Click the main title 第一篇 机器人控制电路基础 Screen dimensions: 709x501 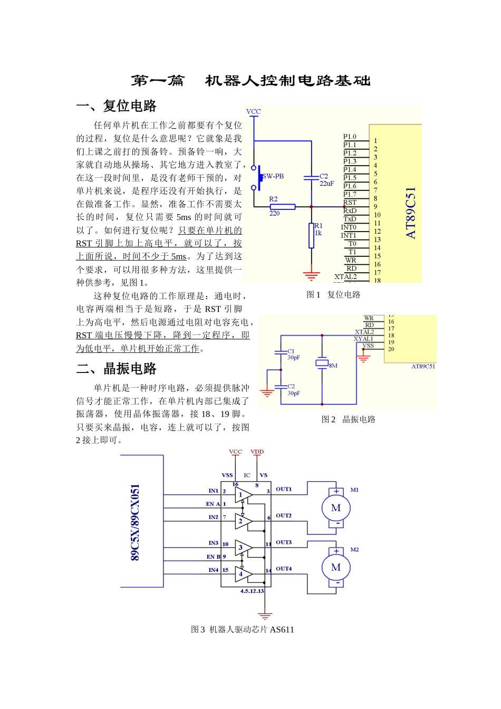[250, 81]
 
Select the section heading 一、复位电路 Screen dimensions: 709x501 [117, 106]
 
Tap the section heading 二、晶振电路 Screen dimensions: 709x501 [117, 368]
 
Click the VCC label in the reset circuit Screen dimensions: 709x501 [254, 111]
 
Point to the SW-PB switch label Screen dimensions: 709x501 [273, 176]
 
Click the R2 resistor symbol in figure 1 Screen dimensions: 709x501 [282, 206]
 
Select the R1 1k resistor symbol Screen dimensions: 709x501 [311, 235]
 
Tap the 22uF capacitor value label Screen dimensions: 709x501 [327, 184]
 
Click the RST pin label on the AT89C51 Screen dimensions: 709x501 [350, 203]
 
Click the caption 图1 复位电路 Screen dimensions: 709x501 [333, 294]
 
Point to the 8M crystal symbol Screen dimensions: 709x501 [322, 363]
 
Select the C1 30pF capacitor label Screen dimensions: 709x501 [293, 354]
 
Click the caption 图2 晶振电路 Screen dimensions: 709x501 [349, 419]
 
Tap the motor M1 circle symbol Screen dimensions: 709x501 [336, 508]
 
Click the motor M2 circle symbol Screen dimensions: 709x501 [336, 568]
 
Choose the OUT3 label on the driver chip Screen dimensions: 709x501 [284, 542]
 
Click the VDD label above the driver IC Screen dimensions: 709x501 [257, 452]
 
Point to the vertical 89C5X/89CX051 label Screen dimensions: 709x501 [136, 522]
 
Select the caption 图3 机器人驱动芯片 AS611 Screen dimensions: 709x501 [243, 629]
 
